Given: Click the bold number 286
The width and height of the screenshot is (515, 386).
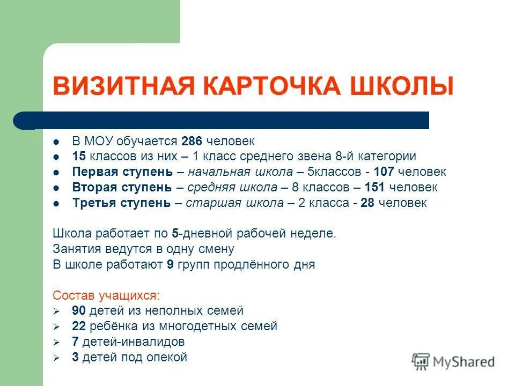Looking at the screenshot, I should pyautogui.click(x=192, y=142).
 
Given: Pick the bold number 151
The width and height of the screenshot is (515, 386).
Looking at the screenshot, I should pyautogui.click(x=374, y=188).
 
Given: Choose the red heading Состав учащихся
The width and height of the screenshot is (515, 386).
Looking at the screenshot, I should pyautogui.click(x=106, y=295).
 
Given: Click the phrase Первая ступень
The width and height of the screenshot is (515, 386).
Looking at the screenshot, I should pyautogui.click(x=122, y=173).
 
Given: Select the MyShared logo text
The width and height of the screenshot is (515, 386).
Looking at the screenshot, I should pyautogui.click(x=464, y=362).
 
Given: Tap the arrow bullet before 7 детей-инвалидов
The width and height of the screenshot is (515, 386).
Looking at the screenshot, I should pyautogui.click(x=56, y=342).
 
